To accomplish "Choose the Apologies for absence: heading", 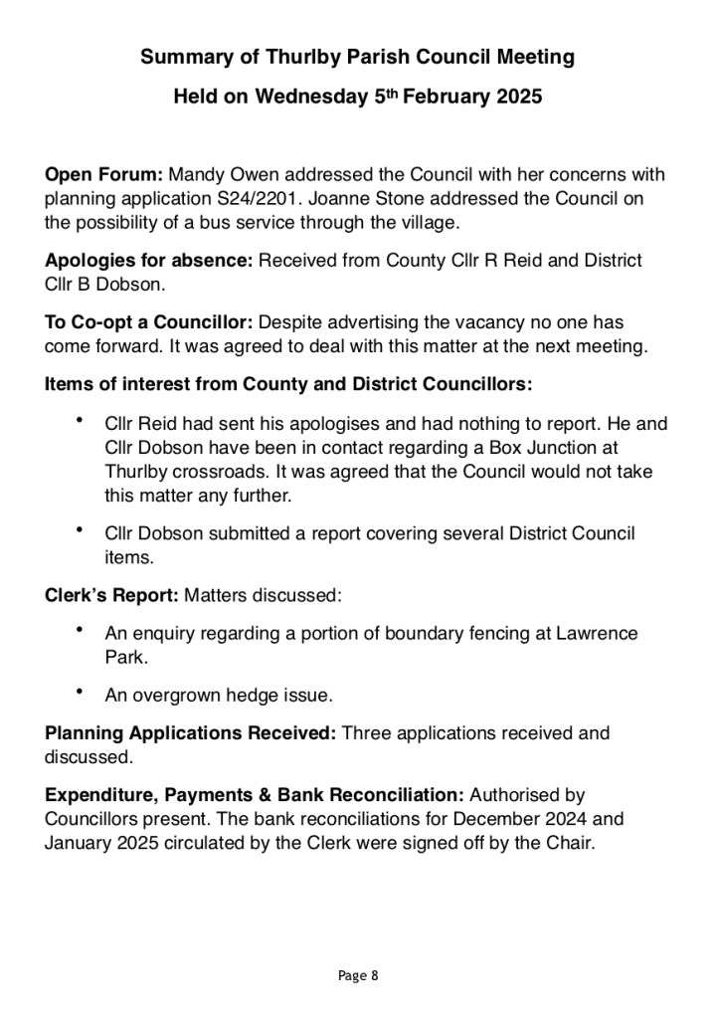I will pos(149,261).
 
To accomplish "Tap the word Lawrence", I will pos(586,634).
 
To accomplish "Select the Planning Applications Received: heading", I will pos(191,733).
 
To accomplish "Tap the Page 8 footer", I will pos(358,975).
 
